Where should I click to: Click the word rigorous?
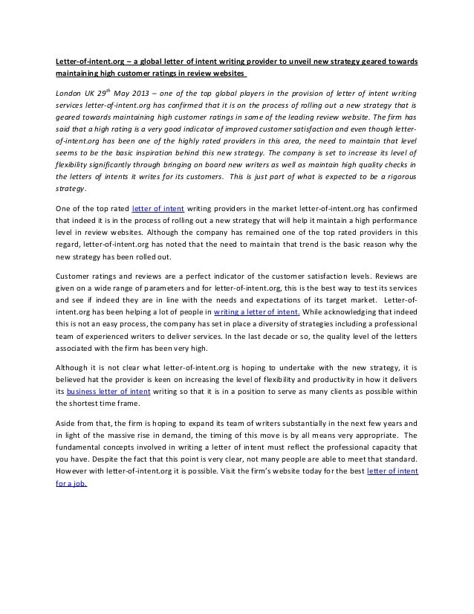pyautogui.click(x=398, y=177)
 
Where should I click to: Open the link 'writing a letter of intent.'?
pyautogui.click(x=256, y=312)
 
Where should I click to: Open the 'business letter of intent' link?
pyautogui.click(x=108, y=391)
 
